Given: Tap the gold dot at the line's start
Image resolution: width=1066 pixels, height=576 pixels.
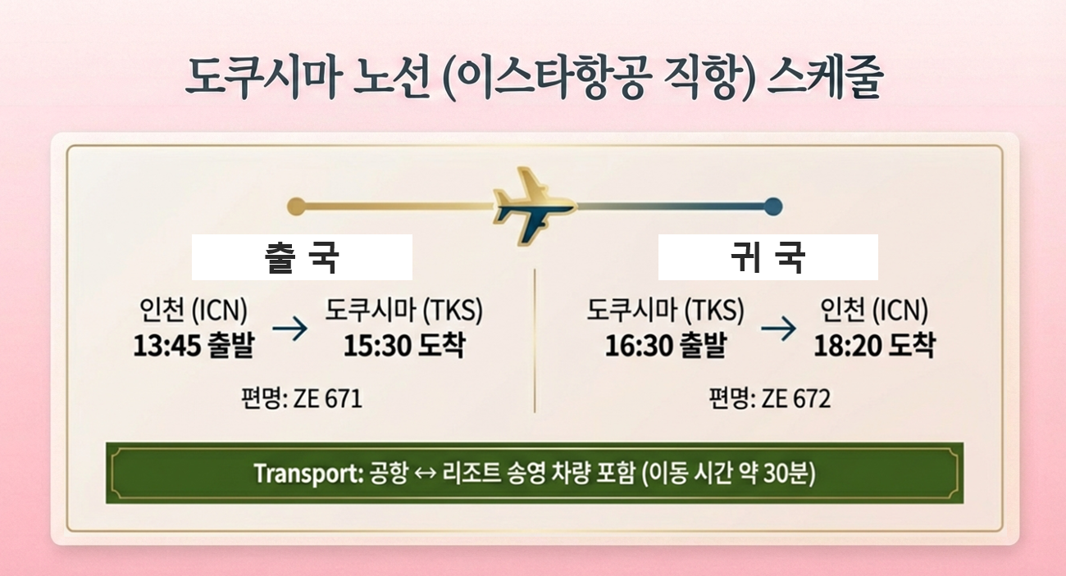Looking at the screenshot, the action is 297,206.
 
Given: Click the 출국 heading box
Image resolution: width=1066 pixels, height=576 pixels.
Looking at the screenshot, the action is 302,257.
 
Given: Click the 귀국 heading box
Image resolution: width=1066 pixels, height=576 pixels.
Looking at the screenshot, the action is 768,257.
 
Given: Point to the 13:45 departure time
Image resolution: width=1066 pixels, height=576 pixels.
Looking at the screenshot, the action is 167,345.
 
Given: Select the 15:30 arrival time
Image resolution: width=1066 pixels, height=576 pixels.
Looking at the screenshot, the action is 377,345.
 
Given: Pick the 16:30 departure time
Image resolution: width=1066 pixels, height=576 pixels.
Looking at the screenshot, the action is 639,345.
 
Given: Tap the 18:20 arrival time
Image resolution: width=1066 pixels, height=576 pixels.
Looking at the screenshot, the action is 848,345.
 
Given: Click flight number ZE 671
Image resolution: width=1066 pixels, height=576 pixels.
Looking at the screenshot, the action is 328,398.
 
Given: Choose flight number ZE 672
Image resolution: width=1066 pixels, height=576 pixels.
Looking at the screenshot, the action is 796,398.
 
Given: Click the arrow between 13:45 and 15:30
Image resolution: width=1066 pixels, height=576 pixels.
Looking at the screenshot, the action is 289,329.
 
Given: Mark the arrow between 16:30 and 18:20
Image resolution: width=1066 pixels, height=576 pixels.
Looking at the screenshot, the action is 778,329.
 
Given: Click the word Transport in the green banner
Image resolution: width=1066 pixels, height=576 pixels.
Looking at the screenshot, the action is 309,474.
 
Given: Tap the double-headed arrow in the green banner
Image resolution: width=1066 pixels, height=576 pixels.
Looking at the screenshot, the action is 426,474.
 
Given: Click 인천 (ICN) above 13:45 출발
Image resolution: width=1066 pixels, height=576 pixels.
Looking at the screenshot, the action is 194,310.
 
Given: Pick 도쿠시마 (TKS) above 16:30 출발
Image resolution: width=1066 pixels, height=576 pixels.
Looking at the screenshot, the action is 665,310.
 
